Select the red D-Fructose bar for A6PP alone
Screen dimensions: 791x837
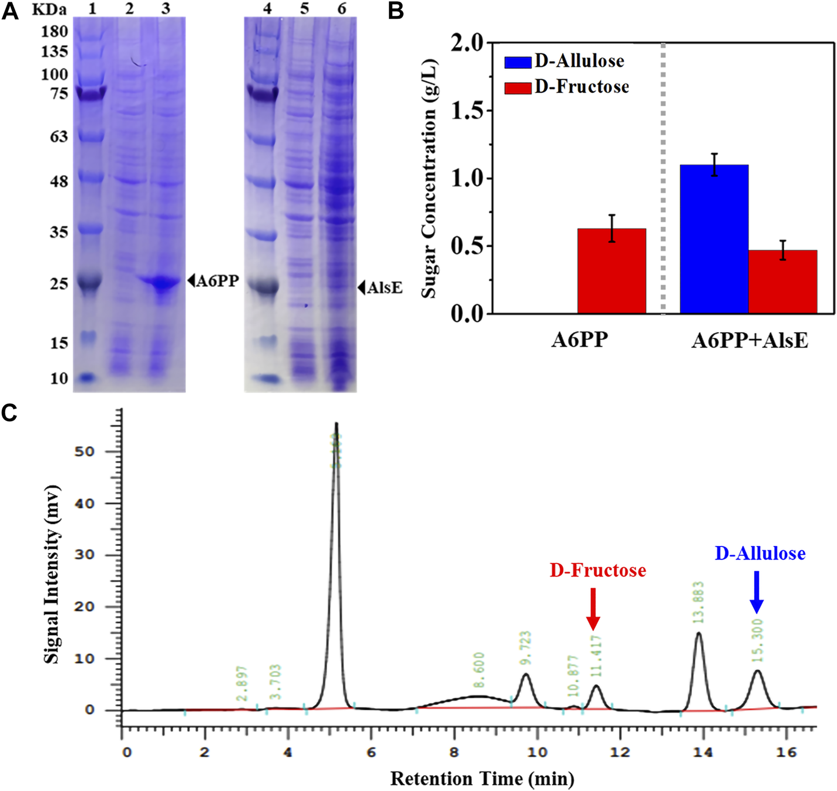[x=611, y=271]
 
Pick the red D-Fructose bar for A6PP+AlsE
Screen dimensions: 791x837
[x=782, y=281]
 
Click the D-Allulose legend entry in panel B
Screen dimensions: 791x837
[x=564, y=61]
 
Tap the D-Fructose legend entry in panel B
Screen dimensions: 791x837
[x=566, y=87]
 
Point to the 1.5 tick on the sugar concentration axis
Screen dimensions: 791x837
[x=467, y=110]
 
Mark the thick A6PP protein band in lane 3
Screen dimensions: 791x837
[x=161, y=283]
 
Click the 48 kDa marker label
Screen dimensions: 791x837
[x=59, y=182]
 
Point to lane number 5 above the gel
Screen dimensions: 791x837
[x=304, y=8]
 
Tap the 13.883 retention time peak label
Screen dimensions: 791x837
[x=698, y=602]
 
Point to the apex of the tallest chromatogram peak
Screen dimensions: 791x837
[x=336, y=423]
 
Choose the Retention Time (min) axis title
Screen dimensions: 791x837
[x=482, y=779]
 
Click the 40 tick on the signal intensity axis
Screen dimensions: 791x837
[x=85, y=504]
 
